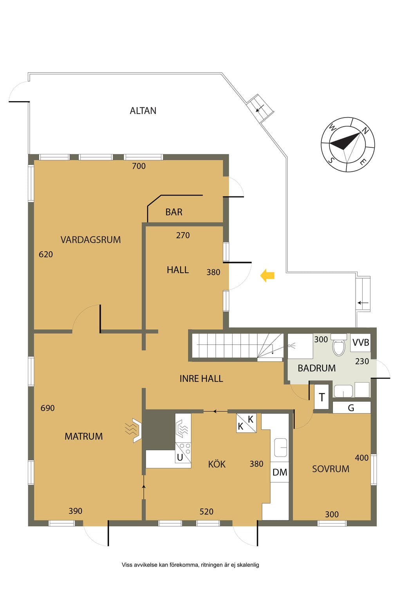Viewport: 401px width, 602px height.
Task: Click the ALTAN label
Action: (143, 111)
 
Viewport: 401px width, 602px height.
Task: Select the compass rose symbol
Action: (348, 145)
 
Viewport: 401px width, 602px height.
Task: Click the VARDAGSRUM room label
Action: (90, 240)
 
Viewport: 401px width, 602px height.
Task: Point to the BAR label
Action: (174, 212)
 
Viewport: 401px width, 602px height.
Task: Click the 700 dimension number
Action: (139, 166)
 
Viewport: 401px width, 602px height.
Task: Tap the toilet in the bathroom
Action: (338, 345)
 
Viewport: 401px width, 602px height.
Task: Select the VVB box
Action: (360, 343)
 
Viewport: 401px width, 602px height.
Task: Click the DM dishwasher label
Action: (280, 472)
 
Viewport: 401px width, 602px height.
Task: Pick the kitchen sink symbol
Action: (280, 448)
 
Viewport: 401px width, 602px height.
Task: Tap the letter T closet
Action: (322, 397)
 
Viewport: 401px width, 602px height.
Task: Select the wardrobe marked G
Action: (351, 408)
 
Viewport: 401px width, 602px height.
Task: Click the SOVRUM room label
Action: (331, 469)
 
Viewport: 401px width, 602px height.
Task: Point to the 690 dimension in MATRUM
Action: (47, 408)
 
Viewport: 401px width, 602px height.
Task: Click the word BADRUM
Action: (317, 368)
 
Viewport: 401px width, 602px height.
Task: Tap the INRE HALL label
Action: (201, 379)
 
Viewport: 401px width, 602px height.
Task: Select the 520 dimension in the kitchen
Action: (206, 511)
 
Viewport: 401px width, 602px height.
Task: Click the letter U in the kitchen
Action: (180, 457)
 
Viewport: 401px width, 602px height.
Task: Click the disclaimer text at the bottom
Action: (190, 565)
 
